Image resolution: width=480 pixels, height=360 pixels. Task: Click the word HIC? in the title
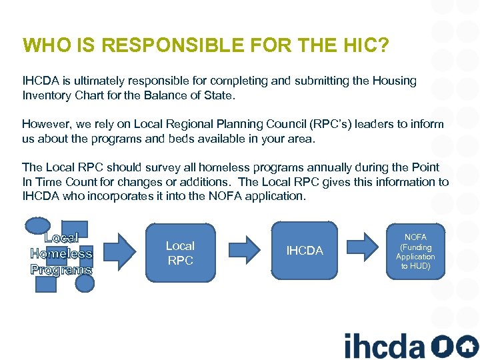click(365, 45)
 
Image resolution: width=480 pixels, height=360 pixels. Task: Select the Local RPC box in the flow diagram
click(180, 253)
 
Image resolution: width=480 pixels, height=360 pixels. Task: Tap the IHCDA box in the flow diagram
click(304, 251)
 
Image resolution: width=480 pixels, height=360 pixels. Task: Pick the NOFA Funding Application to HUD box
click(415, 251)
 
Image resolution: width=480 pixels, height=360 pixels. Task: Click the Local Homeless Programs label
click(61, 253)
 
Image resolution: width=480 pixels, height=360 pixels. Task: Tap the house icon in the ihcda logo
click(466, 346)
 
